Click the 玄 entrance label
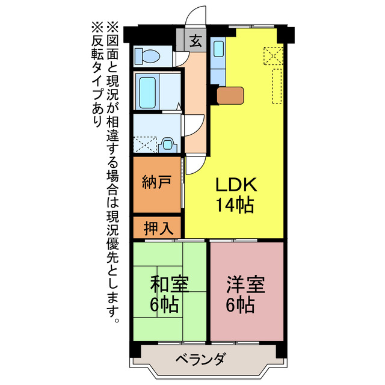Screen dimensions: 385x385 coord(195,41)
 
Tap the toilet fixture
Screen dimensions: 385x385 coord(147,57)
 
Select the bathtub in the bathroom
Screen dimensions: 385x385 coord(147,91)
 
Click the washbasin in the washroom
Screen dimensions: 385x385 coord(168,145)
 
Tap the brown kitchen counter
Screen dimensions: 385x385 coord(230,95)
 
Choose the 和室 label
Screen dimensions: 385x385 coord(164,283)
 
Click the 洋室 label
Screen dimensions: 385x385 coord(245,283)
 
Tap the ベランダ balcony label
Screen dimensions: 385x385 coord(202,360)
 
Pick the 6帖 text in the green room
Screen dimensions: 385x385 coord(164,304)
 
